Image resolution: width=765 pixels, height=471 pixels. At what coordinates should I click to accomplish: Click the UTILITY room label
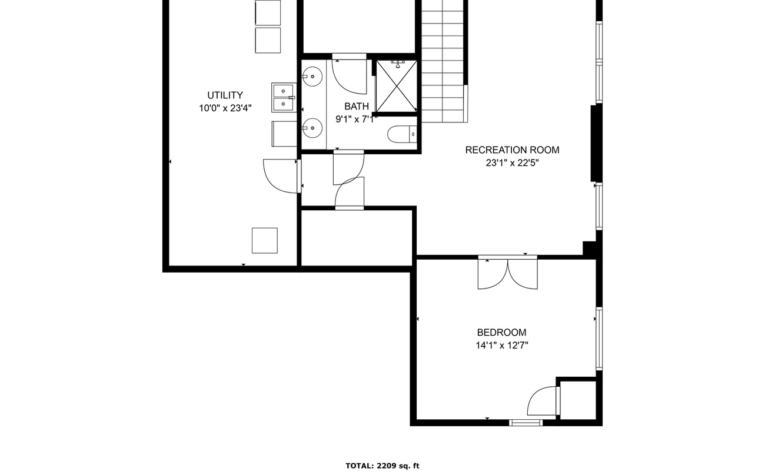tap(225, 95)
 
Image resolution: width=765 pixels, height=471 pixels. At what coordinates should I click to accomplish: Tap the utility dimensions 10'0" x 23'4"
tap(225, 108)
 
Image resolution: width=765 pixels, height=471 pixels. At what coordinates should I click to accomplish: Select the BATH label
tap(357, 107)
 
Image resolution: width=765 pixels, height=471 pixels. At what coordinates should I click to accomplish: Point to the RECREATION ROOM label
tap(513, 150)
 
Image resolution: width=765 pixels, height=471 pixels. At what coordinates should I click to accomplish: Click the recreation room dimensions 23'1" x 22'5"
tap(513, 163)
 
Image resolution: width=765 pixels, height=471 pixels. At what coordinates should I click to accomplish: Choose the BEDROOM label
tap(502, 333)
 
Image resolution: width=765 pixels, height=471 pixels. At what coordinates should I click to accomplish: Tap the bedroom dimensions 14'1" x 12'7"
tap(502, 346)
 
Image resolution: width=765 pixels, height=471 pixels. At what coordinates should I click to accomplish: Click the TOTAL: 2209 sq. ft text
tap(382, 466)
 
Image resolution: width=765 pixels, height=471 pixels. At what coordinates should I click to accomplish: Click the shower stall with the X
tap(397, 87)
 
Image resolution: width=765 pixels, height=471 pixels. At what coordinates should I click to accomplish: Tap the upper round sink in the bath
tap(312, 77)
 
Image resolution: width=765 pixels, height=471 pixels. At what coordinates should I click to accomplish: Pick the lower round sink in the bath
tap(312, 128)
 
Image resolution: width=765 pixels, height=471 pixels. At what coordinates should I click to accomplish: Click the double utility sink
tap(284, 97)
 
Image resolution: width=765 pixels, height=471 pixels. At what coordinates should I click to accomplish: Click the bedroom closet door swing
tap(543, 402)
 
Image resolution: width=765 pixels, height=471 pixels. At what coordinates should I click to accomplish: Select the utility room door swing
tap(281, 176)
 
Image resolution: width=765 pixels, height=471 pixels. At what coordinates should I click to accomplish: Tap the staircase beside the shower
tap(443, 61)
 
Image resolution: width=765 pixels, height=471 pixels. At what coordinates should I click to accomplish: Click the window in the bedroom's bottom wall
tap(526, 423)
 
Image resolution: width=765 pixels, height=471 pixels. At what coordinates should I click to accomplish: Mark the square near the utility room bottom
tap(265, 241)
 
